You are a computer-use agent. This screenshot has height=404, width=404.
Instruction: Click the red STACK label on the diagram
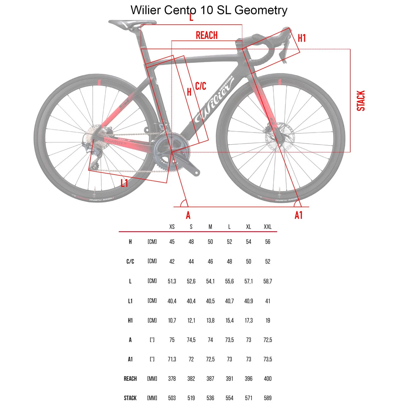(x=360, y=101)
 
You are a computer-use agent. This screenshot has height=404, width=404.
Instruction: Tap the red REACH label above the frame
(x=207, y=35)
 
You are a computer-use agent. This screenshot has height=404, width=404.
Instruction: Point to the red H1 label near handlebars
(x=302, y=38)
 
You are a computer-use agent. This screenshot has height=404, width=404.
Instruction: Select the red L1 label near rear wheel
(x=124, y=183)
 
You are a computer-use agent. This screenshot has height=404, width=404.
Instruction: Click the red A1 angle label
(x=299, y=215)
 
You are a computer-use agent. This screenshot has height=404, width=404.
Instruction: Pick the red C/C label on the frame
(x=200, y=86)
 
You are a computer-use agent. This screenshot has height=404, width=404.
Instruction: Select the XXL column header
(x=268, y=227)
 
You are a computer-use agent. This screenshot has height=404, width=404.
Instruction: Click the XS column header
(x=172, y=227)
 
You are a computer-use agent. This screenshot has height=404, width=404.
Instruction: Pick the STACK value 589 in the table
(x=268, y=398)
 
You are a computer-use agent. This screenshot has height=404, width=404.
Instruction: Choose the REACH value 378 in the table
(x=172, y=378)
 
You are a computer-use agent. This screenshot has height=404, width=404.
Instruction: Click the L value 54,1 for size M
(x=210, y=281)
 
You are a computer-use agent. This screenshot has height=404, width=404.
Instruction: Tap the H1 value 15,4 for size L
(x=229, y=320)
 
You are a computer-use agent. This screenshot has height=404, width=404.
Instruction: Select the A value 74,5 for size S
(x=191, y=340)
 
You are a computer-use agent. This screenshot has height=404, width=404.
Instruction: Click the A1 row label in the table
(x=130, y=359)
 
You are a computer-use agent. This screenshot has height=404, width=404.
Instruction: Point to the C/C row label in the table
(x=130, y=261)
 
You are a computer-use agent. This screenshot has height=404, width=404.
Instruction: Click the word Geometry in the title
(x=261, y=10)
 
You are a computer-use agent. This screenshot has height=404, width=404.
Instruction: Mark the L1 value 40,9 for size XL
(x=248, y=301)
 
